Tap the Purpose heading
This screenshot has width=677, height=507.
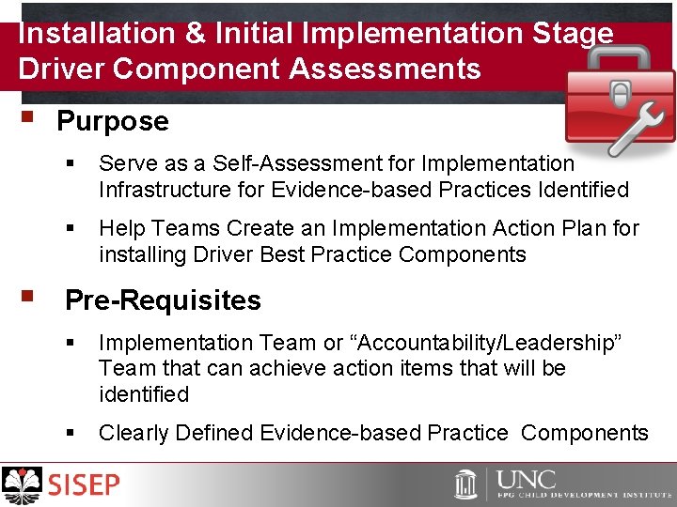[113, 121]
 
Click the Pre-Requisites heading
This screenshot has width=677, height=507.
[163, 300]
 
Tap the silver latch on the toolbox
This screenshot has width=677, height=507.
[621, 94]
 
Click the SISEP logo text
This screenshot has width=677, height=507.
[86, 485]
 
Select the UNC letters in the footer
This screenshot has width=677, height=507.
[527, 479]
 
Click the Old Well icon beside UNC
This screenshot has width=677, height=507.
[466, 484]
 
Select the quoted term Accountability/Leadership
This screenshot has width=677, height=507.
[489, 343]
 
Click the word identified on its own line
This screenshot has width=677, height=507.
[144, 394]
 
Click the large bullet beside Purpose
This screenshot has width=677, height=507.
[25, 119]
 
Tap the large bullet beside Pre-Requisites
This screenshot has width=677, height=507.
[25, 299]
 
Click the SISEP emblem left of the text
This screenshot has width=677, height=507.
[23, 485]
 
